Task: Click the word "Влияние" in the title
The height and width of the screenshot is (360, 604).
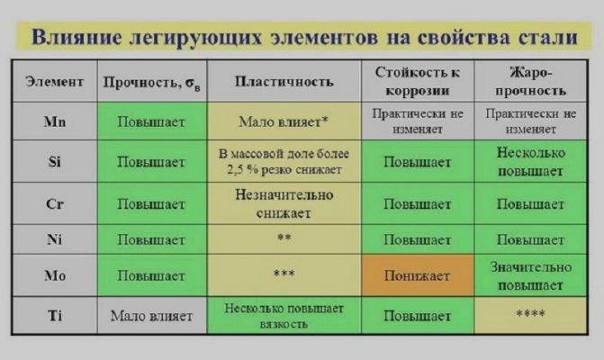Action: pyautogui.click(x=77, y=37)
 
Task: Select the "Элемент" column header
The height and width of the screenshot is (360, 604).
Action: pyautogui.click(x=54, y=82)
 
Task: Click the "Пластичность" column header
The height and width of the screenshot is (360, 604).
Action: pyautogui.click(x=284, y=82)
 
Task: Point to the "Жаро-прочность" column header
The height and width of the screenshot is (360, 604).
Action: pyautogui.click(x=530, y=81)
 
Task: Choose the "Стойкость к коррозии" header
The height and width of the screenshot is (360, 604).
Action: pyautogui.click(x=418, y=81)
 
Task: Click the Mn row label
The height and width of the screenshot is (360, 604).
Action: pyautogui.click(x=55, y=122)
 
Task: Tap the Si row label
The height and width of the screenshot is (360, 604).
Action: pyautogui.click(x=55, y=161)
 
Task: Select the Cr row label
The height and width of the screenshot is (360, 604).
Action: pyautogui.click(x=55, y=203)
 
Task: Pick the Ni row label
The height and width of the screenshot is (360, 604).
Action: pyautogui.click(x=54, y=239)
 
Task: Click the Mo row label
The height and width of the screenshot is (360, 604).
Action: pyautogui.click(x=55, y=275)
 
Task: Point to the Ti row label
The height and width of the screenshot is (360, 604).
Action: pyautogui.click(x=55, y=316)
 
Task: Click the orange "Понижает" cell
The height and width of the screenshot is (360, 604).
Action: pyautogui.click(x=418, y=275)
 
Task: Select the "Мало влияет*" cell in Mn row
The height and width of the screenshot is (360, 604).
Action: pyautogui.click(x=284, y=121)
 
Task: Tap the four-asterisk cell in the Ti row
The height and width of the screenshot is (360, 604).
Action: pyautogui.click(x=530, y=315)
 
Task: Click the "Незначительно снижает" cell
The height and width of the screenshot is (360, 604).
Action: pyautogui.click(x=284, y=203)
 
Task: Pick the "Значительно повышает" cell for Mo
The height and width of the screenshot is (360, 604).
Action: pyautogui.click(x=530, y=275)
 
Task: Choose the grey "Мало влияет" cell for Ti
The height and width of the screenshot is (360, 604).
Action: pyautogui.click(x=152, y=315)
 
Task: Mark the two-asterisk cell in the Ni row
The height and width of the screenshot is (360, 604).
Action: pyautogui.click(x=284, y=239)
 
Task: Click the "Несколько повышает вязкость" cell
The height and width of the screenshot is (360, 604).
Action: pyautogui.click(x=284, y=315)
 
